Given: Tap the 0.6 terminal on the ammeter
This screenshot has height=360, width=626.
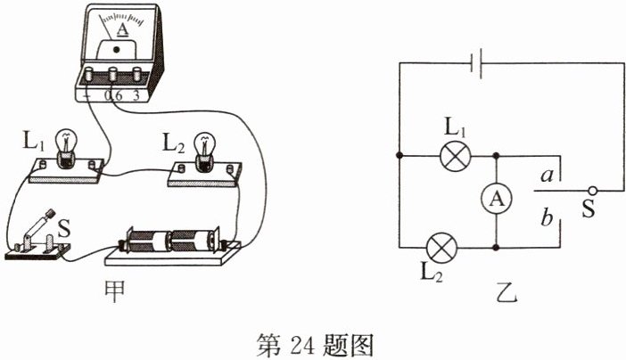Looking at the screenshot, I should click(x=114, y=78).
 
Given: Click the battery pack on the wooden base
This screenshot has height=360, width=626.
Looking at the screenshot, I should click(x=172, y=241).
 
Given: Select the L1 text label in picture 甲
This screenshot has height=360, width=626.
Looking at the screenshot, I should click(x=35, y=140).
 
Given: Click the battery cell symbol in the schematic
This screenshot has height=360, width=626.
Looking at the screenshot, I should click(x=477, y=62).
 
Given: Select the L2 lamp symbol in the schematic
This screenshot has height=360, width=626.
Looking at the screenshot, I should click(x=442, y=245).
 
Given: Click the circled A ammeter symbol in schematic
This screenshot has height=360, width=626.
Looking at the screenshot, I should click(x=496, y=201).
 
